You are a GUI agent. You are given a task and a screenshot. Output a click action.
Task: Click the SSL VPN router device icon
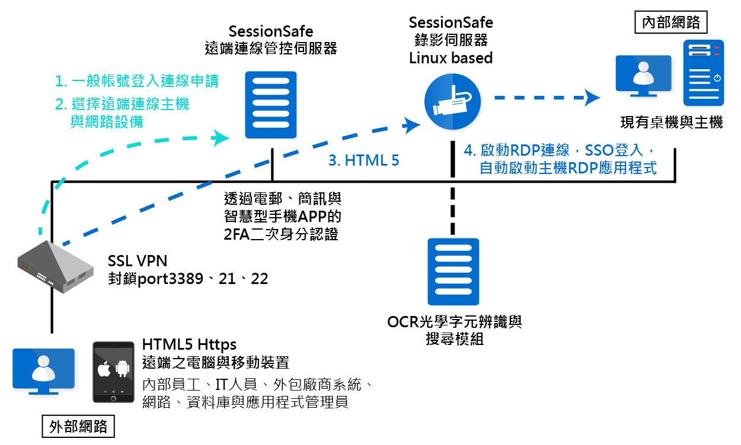tap(55, 267)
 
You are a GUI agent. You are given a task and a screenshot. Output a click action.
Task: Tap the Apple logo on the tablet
tap(105, 370)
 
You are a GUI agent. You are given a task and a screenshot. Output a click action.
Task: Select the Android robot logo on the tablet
tap(122, 370)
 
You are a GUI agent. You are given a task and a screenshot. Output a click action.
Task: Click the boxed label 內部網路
tap(670, 23)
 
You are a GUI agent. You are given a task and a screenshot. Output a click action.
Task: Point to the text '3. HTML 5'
tap(363, 160)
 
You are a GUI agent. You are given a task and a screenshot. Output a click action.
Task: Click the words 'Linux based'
tap(451, 58)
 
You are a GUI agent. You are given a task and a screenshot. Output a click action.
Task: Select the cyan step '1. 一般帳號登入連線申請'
tap(136, 81)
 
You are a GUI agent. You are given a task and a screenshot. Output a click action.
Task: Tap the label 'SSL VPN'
tap(138, 261)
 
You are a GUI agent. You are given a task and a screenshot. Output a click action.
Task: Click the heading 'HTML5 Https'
tap(189, 344)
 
